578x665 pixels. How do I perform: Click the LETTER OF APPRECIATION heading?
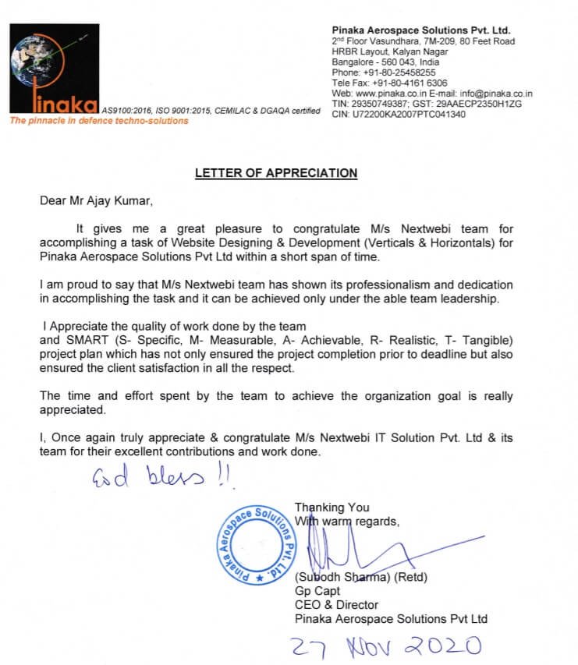pos(275,173)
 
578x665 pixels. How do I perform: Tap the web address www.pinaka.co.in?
pos(388,93)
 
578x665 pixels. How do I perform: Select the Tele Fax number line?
pos(389,83)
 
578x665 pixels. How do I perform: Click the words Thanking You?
pos(332,508)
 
